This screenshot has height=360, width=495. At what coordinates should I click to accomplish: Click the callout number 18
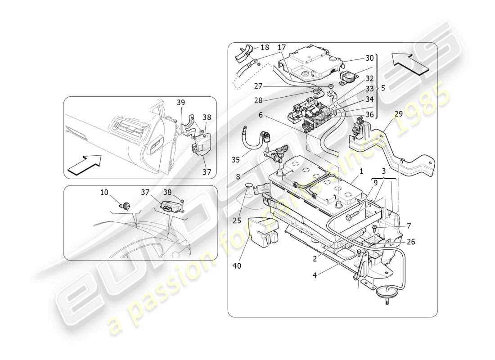tap(265, 47)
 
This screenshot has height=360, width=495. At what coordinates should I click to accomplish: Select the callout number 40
tap(237, 265)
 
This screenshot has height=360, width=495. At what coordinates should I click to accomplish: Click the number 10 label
tap(104, 192)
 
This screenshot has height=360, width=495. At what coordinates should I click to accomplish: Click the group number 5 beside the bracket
tap(383, 88)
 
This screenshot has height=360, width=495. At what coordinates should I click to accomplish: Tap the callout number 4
tap(315, 274)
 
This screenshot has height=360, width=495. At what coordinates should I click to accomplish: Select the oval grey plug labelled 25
tap(249, 186)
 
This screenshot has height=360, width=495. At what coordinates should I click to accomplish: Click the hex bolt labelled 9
tap(351, 217)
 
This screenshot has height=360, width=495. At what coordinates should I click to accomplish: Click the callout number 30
tap(369, 58)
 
